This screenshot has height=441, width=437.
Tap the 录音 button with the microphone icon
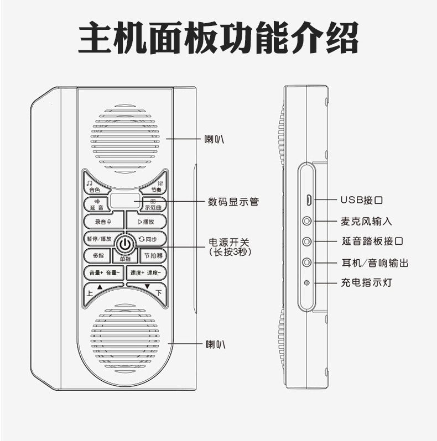click(103, 222)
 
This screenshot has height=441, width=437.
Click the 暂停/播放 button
click(98, 239)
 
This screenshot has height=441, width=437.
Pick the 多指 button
click(98, 256)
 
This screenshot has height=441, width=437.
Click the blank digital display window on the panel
click(125, 201)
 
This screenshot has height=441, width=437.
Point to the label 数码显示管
click(233, 202)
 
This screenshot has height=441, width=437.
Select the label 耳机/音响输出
click(374, 262)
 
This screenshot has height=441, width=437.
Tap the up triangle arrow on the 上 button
click(100, 287)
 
